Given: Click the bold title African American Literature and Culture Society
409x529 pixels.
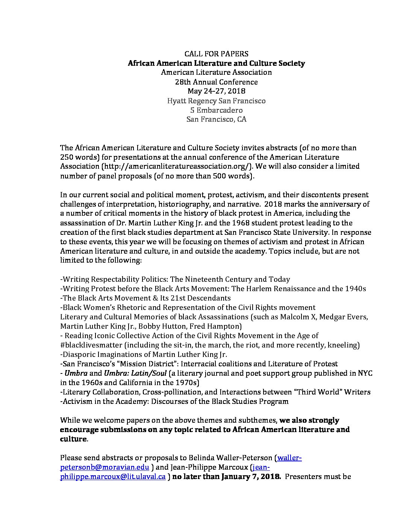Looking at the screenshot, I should pos(216,63).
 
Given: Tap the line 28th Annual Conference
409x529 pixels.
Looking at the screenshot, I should pos(216,82).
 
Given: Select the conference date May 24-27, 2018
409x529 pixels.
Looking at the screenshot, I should pos(216,91).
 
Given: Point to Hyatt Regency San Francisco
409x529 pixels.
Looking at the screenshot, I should pos(216,101).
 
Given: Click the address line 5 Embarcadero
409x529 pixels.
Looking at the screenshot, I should pos(216,110).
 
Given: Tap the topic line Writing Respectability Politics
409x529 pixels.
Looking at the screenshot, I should pos(175,279).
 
